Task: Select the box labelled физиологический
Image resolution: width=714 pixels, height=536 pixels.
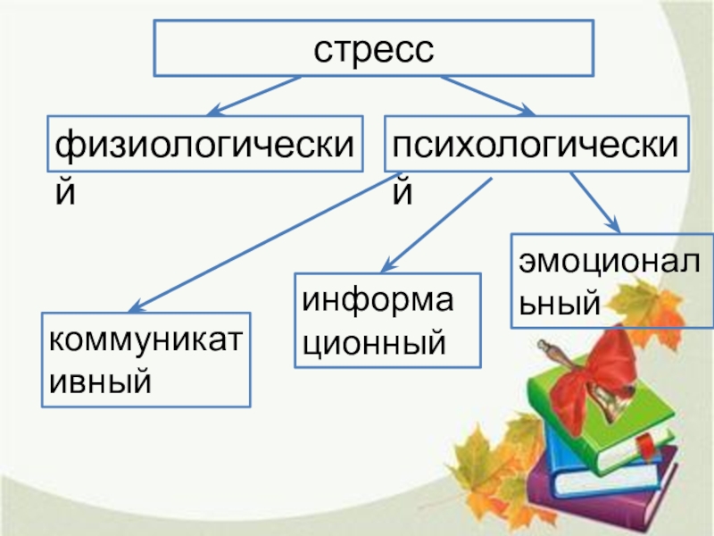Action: (206, 143)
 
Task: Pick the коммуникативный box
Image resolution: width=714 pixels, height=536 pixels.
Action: (147, 358)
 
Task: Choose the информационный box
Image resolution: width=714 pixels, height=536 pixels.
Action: (387, 321)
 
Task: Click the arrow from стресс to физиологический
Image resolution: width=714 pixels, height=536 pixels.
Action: (253, 96)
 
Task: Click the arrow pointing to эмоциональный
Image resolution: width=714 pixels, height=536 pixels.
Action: (594, 202)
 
